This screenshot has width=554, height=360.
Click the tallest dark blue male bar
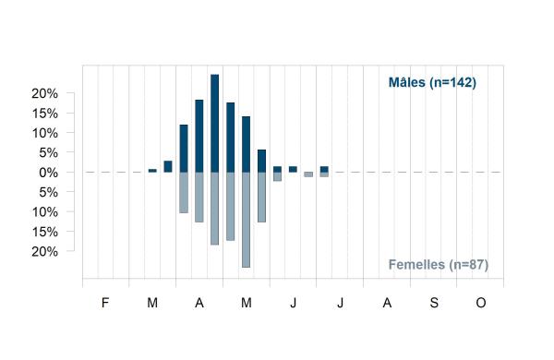click(x=214, y=124)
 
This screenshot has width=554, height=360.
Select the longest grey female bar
click(x=246, y=220)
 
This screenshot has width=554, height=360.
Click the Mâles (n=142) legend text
click(x=432, y=82)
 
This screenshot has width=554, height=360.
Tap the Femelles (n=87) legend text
click(x=438, y=265)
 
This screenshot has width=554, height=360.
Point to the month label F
click(x=105, y=303)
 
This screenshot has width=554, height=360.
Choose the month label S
click(x=434, y=303)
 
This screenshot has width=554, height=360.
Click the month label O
click(x=480, y=303)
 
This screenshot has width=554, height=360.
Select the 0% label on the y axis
click(x=48, y=173)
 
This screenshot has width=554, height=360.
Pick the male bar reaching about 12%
click(x=184, y=149)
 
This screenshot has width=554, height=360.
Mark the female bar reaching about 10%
click(x=184, y=193)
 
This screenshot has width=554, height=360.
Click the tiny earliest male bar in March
click(x=152, y=171)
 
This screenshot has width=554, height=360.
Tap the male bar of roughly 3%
click(x=168, y=167)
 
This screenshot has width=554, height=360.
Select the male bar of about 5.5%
click(x=261, y=162)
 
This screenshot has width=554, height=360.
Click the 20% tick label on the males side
click(x=44, y=93)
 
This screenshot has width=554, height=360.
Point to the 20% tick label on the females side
click(x=44, y=252)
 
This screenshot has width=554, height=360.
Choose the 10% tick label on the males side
click(x=44, y=133)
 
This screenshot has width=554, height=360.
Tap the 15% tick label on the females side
click(x=44, y=232)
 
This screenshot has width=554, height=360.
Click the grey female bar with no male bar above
click(x=308, y=174)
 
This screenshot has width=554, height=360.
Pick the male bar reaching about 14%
click(x=246, y=145)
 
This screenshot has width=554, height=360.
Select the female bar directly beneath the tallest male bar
click(x=214, y=209)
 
